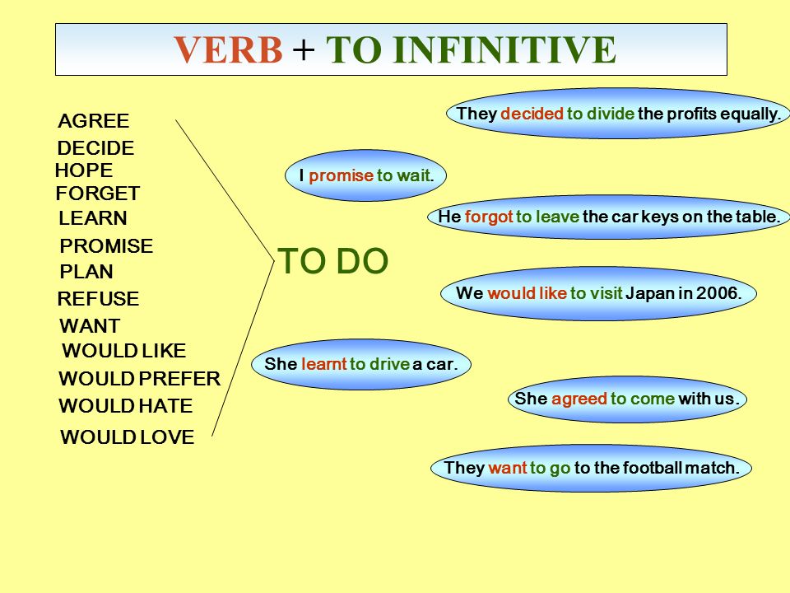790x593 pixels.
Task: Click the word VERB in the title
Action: pos(227,50)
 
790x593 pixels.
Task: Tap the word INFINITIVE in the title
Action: pos(504,50)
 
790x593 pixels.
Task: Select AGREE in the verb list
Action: pos(94,122)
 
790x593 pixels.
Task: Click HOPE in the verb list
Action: pos(84,171)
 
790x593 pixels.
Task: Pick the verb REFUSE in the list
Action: pos(98,299)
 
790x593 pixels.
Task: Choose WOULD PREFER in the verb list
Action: pos(139,379)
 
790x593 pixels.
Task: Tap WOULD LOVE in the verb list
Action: pos(128,437)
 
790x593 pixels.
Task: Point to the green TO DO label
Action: pos(333,262)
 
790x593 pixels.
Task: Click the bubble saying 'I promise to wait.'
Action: pos(365,175)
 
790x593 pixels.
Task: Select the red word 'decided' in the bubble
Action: pos(532,114)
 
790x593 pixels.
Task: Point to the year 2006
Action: pos(720,292)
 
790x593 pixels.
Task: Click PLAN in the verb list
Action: pos(86,272)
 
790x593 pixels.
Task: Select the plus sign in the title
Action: pos(304,50)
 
